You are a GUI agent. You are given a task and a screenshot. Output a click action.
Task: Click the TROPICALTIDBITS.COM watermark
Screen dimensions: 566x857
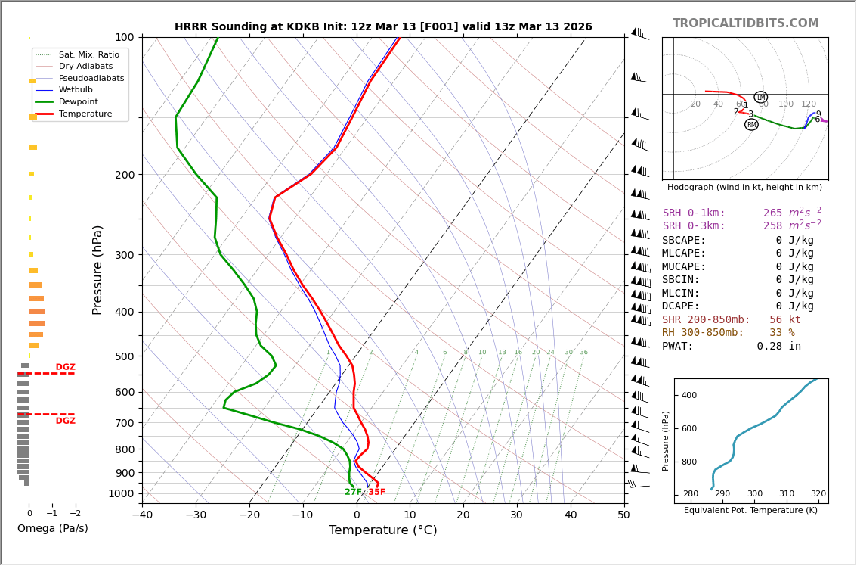(745, 23)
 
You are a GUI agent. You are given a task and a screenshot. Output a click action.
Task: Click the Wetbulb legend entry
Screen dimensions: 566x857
(76, 90)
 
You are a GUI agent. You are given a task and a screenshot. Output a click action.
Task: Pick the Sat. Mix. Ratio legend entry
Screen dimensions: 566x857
(88, 54)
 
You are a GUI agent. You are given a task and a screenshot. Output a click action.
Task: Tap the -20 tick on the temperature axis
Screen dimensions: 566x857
(249, 515)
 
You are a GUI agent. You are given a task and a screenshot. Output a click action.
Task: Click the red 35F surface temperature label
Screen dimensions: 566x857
(376, 493)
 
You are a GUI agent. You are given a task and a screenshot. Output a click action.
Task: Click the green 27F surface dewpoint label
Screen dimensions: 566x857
(353, 493)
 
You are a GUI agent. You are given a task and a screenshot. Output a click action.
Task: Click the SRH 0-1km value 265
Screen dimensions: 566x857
(772, 213)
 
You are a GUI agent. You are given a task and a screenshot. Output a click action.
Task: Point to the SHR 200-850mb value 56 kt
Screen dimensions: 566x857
(784, 320)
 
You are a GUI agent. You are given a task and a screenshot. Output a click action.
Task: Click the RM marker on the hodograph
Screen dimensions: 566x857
(751, 125)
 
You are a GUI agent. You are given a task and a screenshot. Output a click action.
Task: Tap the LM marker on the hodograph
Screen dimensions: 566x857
(760, 98)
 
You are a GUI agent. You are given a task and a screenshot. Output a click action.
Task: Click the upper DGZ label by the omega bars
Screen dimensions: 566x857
(65, 367)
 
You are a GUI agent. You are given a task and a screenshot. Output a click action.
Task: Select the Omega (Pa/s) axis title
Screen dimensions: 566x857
(52, 529)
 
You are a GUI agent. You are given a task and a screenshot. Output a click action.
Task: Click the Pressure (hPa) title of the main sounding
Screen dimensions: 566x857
(97, 269)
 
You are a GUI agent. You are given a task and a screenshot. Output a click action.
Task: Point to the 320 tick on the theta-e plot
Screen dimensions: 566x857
(818, 494)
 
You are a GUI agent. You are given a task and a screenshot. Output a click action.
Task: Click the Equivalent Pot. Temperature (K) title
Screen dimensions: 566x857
(750, 511)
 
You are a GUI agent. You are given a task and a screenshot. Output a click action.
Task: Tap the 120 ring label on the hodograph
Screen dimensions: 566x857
(809, 104)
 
